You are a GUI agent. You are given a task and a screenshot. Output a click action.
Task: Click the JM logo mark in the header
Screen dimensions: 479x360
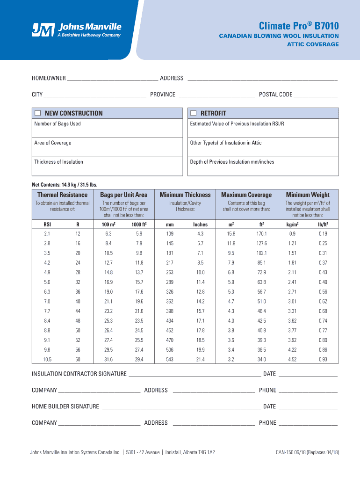click(43, 29)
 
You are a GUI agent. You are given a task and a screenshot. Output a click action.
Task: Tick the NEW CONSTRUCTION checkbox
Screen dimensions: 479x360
click(38, 113)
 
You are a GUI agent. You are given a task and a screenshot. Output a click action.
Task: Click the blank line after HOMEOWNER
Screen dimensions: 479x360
click(112, 78)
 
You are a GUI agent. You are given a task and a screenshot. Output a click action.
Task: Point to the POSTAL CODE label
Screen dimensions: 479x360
click(275, 94)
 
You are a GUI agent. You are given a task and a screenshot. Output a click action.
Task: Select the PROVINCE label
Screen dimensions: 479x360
click(163, 94)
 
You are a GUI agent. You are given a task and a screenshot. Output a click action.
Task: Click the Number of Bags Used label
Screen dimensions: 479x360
click(58, 124)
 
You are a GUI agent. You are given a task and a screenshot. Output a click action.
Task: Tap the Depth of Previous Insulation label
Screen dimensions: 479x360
click(232, 162)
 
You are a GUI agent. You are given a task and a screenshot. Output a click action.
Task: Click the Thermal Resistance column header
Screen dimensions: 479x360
click(62, 195)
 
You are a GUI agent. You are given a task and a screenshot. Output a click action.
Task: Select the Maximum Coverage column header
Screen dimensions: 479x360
click(246, 195)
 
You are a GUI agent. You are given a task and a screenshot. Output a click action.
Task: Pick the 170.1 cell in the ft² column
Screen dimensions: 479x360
click(261, 233)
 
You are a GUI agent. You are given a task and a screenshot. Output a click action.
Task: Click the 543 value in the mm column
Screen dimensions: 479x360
click(170, 359)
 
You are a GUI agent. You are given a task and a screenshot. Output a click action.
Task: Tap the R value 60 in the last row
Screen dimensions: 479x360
click(78, 359)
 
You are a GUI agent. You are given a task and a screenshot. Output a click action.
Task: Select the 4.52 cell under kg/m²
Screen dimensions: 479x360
click(292, 359)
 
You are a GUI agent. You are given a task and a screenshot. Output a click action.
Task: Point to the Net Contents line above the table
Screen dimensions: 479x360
click(65, 184)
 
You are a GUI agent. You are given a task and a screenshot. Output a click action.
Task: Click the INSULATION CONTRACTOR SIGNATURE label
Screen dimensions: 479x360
click(79, 374)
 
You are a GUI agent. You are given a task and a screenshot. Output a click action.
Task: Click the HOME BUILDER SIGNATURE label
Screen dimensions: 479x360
click(65, 406)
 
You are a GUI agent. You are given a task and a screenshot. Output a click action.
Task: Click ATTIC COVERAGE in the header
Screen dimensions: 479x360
click(312, 44)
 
